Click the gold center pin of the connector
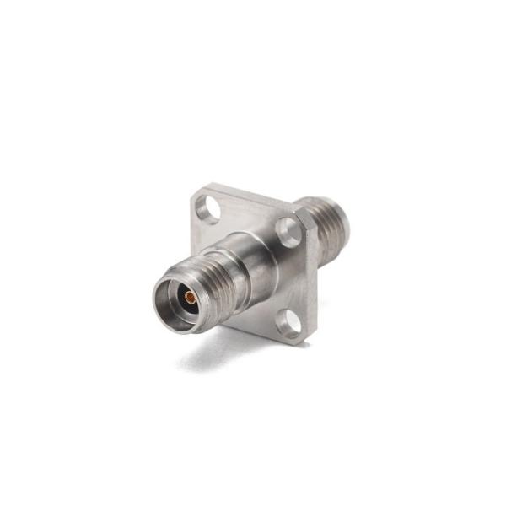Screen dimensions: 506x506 (x=191, y=297)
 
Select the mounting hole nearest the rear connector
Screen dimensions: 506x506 (x=289, y=231)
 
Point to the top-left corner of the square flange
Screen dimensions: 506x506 (x=196, y=196)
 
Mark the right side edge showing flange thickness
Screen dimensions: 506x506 (x=314, y=278)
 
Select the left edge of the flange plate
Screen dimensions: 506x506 (x=195, y=221)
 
